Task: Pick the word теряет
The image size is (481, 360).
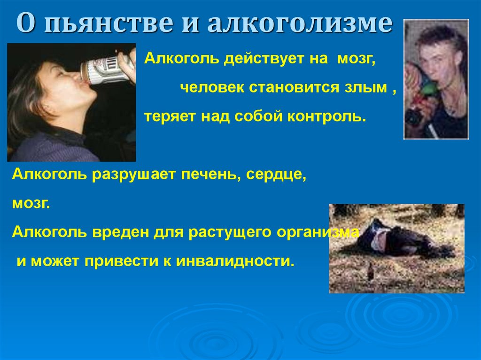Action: [x=170, y=116]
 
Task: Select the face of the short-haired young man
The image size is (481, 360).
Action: [x=437, y=59]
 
